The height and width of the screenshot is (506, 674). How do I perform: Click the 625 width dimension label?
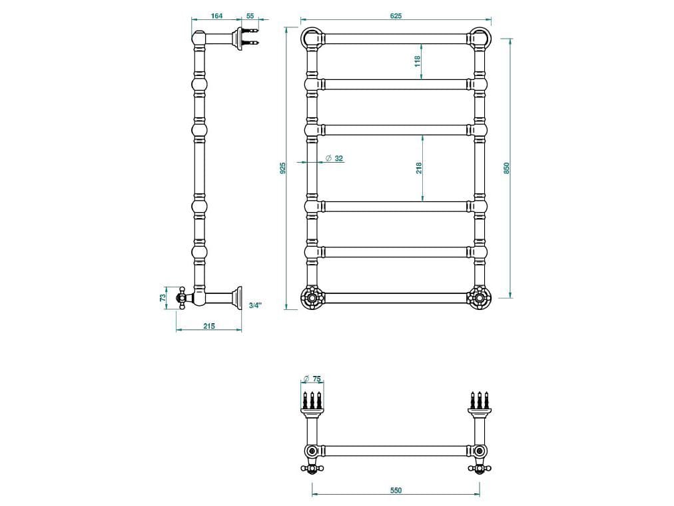[396, 15]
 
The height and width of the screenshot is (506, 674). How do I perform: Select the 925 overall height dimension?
[283, 167]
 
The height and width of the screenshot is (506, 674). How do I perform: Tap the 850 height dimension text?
[506, 167]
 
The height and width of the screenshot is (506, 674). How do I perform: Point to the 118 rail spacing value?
[418, 61]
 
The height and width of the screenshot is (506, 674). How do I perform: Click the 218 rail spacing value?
[418, 167]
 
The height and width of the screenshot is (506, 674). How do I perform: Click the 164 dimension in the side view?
[216, 15]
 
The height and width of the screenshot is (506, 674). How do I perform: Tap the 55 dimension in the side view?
[250, 15]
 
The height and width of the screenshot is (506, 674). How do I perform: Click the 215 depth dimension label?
[208, 325]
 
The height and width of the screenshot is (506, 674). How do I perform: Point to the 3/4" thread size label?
[255, 305]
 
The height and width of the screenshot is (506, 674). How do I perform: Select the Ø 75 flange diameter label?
[312, 379]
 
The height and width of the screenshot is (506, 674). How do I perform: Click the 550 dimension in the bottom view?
[396, 490]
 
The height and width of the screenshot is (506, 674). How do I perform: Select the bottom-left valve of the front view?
[311, 297]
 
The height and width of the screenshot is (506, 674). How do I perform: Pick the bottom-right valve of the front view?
[480, 297]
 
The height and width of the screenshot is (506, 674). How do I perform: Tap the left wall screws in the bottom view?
[312, 400]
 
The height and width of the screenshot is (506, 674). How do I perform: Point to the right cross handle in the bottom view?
[479, 467]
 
